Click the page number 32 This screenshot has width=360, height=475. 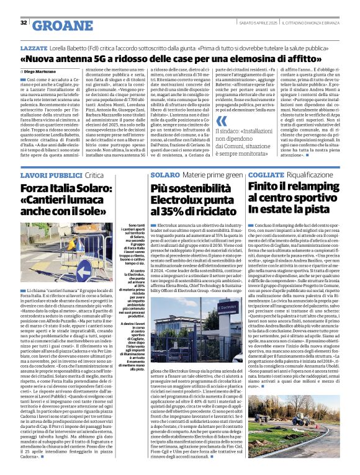click(x=24, y=22)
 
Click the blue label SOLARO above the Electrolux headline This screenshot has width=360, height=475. click(x=164, y=175)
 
